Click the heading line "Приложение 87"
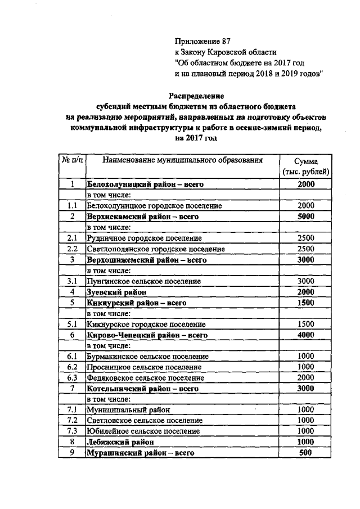(202, 41)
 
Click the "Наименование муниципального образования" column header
(183, 161)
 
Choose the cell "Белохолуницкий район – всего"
(144, 184)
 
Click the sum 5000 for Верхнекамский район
(306, 217)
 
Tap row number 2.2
(71, 249)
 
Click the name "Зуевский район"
(116, 292)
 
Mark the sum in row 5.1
(306, 324)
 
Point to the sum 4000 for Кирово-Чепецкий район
(306, 335)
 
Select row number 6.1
(71, 356)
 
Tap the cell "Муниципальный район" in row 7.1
(128, 410)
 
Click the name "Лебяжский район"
(119, 442)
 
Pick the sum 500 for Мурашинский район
(306, 452)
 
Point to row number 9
(71, 452)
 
